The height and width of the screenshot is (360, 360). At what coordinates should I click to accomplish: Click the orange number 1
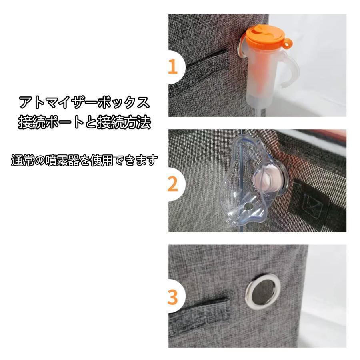(x=173, y=66)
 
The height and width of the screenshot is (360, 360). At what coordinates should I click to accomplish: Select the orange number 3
(x=173, y=297)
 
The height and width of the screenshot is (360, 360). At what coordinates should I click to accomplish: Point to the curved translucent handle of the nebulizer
(x=292, y=69)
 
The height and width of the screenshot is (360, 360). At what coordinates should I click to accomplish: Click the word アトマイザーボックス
(x=84, y=102)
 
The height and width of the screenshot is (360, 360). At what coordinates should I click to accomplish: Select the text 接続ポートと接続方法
(x=84, y=122)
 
